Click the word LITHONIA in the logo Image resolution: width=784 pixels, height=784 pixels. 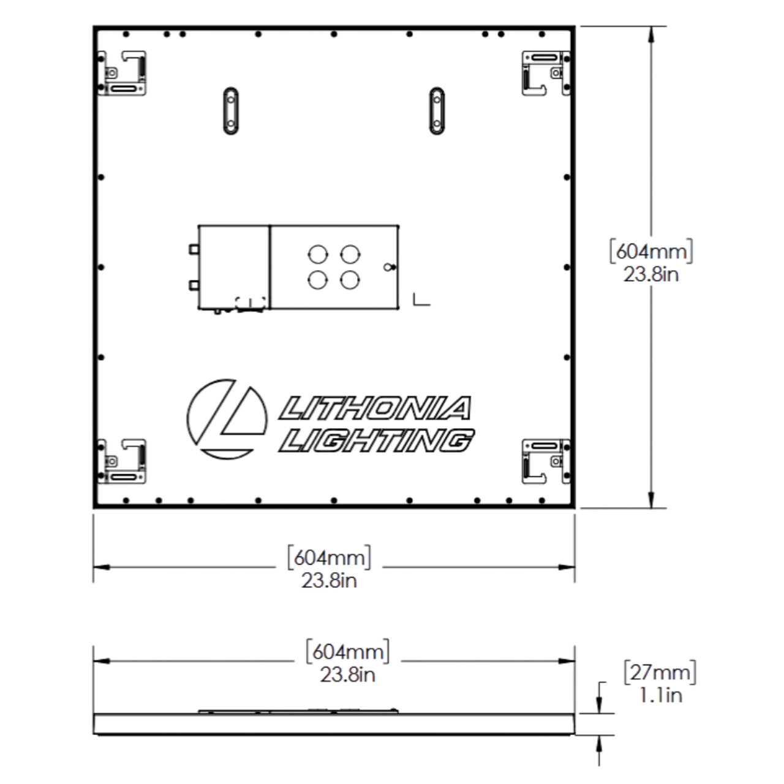click(x=375, y=409)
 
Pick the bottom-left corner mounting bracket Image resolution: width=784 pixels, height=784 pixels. click(x=123, y=461)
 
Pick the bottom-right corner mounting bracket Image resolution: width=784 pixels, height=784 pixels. click(x=546, y=461)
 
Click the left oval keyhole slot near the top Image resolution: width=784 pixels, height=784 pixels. click(x=230, y=110)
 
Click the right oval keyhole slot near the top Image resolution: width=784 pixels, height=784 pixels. click(x=437, y=110)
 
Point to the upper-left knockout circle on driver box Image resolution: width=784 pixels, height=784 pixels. click(x=317, y=254)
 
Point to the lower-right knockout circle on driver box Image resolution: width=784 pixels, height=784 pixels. click(x=350, y=280)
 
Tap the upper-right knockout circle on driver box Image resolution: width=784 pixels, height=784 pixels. click(x=350, y=254)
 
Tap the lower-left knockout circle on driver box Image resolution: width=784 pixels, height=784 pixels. click(x=317, y=280)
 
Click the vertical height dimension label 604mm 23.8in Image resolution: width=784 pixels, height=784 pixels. click(x=651, y=262)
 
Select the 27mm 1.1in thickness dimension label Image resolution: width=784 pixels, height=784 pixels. click(x=660, y=683)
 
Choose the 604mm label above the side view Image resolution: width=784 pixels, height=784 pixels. click(x=347, y=662)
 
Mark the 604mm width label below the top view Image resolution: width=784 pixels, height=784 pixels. click(x=329, y=568)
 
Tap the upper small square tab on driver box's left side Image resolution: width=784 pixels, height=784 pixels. click(x=194, y=249)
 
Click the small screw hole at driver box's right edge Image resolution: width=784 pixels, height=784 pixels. click(x=387, y=267)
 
